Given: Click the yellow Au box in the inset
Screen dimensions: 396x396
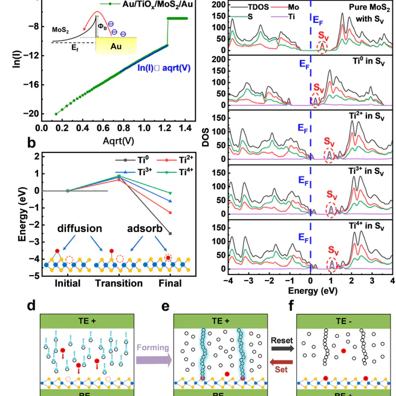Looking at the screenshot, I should (125, 46).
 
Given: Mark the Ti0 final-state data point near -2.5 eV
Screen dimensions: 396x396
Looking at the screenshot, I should (170, 233).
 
